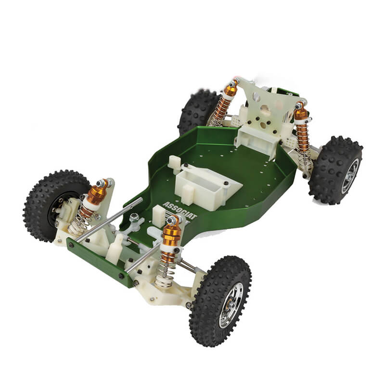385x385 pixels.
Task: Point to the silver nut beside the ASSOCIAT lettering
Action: [x=135, y=218]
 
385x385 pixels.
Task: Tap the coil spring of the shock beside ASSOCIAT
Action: [x=166, y=267]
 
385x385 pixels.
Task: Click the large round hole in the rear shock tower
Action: [x=256, y=98]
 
